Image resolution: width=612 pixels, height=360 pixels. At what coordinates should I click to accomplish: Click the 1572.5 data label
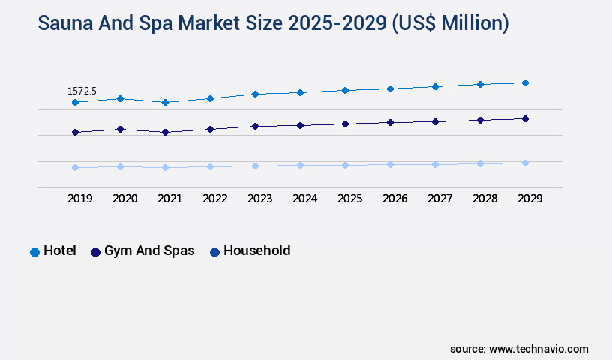[82, 91]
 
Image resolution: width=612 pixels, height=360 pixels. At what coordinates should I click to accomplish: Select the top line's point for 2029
[525, 82]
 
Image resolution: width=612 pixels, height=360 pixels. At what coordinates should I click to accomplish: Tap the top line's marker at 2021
[165, 102]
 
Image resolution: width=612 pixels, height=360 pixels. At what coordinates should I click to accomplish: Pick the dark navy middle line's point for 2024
[300, 125]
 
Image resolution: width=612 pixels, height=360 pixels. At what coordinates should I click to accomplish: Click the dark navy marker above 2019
[75, 132]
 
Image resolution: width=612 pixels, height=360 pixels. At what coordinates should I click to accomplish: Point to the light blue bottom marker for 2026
[390, 164]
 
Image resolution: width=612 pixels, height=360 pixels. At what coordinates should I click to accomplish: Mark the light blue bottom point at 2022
[210, 166]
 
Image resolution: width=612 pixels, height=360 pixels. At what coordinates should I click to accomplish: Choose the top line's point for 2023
[255, 94]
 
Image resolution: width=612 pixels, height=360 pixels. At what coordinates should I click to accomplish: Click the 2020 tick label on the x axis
[124, 199]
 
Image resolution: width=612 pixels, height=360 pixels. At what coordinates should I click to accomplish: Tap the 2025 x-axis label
[349, 199]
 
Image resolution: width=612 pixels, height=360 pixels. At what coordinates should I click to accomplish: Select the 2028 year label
[484, 199]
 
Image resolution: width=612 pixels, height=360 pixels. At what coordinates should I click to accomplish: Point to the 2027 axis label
[439, 199]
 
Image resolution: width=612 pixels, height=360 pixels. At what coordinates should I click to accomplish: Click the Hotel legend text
[60, 250]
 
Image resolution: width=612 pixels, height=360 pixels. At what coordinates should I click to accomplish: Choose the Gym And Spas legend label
[149, 250]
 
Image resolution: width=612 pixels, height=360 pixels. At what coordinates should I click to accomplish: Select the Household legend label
[256, 250]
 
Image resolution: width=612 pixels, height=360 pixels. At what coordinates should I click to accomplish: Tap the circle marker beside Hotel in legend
[34, 252]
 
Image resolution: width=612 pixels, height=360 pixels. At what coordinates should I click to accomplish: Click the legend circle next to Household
[214, 252]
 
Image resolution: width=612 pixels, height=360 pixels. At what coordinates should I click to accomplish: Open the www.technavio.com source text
[538, 349]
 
